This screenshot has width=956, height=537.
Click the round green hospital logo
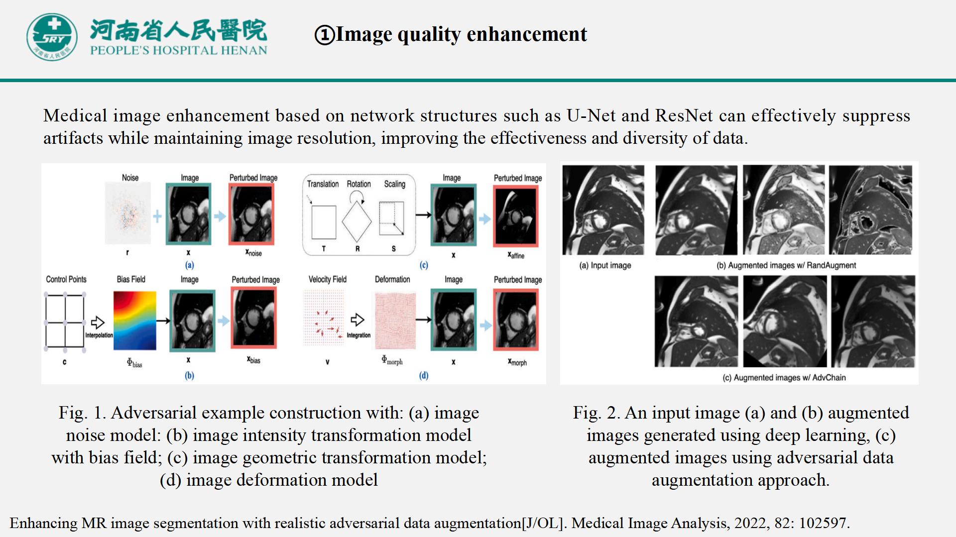click(52, 37)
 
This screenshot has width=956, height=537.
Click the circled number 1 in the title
click(325, 35)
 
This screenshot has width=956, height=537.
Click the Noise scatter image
click(128, 214)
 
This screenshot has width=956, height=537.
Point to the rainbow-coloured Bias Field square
click(134, 321)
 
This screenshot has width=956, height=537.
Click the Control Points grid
click(65, 322)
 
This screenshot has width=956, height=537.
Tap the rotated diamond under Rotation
click(357, 221)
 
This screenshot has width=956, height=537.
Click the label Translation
click(323, 184)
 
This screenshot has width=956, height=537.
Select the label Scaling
click(394, 184)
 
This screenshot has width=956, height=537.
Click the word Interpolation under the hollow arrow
click(99, 335)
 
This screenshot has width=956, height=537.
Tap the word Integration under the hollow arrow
click(358, 335)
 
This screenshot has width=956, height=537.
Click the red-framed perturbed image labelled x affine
click(516, 216)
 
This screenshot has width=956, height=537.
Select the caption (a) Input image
click(605, 265)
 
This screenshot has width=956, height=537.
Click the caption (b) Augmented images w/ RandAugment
click(786, 265)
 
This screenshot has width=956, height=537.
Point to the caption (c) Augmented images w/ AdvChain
click(784, 378)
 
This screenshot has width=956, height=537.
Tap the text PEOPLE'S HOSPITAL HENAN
click(179, 50)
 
